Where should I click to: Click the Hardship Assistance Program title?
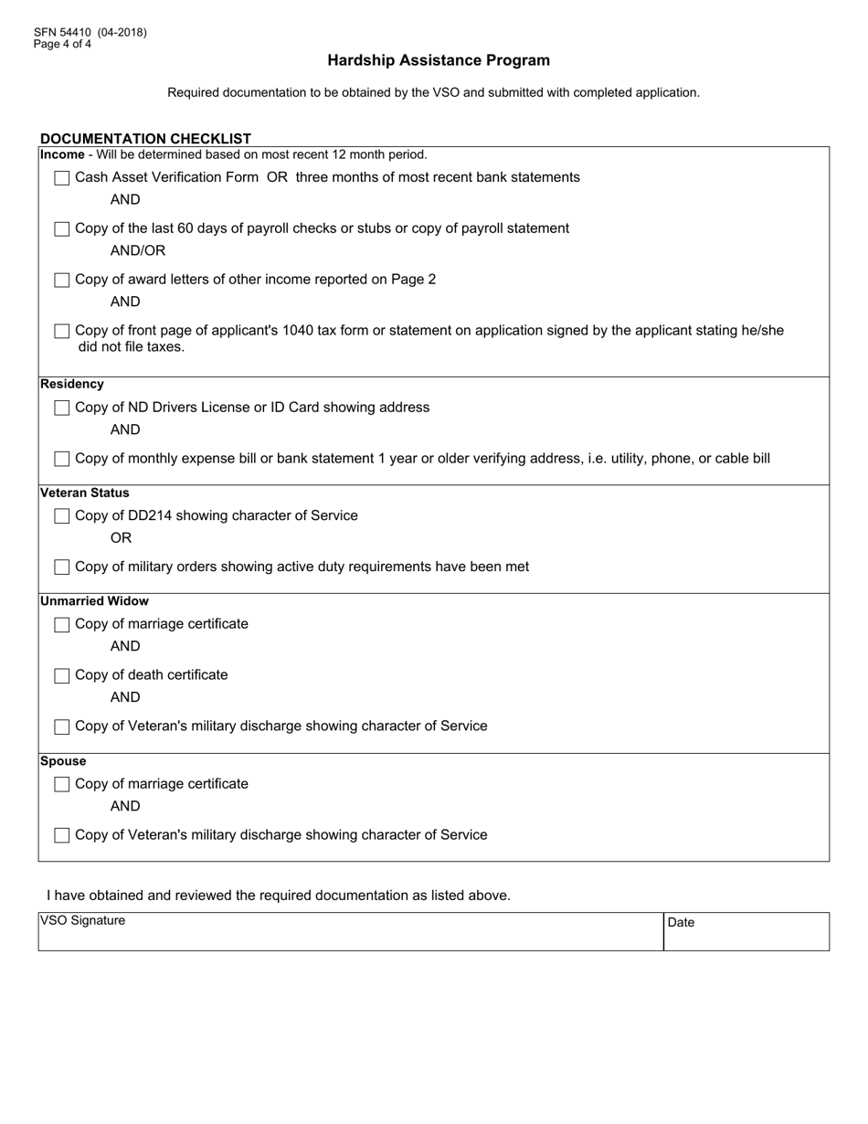(x=439, y=60)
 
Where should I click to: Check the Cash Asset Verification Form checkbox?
(x=62, y=178)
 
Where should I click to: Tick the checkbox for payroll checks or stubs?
(x=62, y=229)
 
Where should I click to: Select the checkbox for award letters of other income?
(x=62, y=281)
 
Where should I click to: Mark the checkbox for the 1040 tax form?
(x=62, y=331)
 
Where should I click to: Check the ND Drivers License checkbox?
(x=62, y=408)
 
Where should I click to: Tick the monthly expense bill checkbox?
(x=62, y=459)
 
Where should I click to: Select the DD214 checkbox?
(x=62, y=516)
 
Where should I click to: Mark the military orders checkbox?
(x=62, y=567)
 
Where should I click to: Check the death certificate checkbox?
(x=62, y=676)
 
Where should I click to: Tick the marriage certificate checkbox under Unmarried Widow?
(x=62, y=625)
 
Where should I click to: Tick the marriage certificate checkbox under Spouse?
(x=62, y=785)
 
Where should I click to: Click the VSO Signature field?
(x=350, y=932)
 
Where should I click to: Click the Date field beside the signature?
(x=746, y=932)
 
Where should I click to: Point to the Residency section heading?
(x=72, y=384)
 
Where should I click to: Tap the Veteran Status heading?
(x=85, y=493)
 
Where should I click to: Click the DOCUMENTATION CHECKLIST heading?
(x=145, y=139)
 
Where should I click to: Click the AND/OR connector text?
(x=138, y=250)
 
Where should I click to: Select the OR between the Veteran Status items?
(x=121, y=538)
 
